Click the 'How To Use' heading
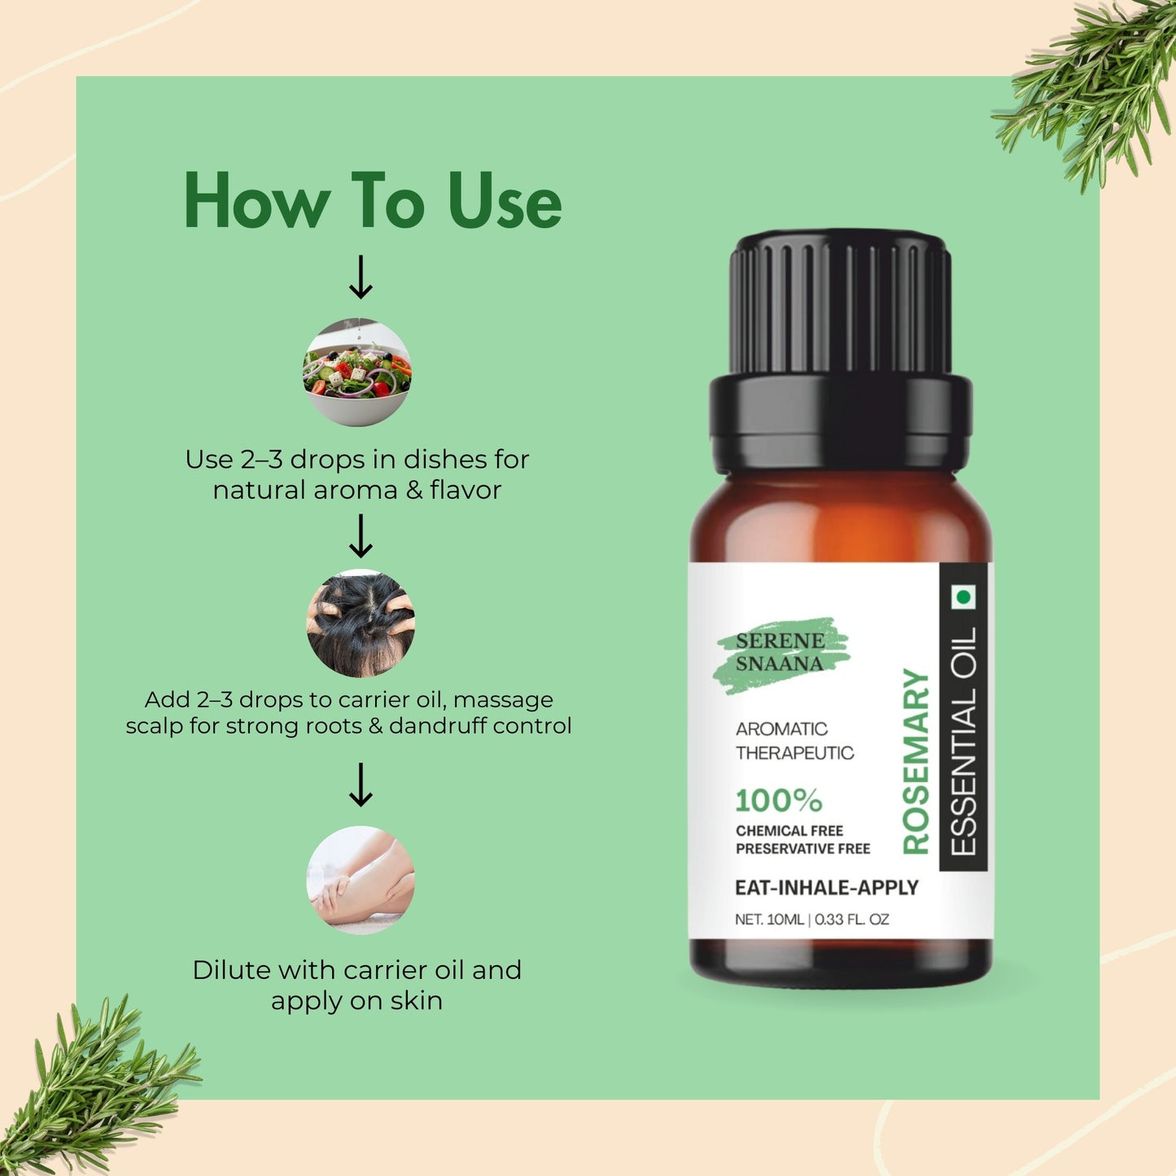[x=373, y=201]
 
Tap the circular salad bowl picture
[x=357, y=373]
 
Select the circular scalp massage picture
[x=361, y=623]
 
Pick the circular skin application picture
[x=361, y=880]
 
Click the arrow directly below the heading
[x=360, y=278]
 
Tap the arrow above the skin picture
[x=360, y=785]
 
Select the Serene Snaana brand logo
[x=780, y=653]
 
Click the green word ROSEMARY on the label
[x=916, y=761]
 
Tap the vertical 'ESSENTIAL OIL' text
[x=963, y=741]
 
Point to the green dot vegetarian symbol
[x=964, y=598]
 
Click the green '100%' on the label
[x=778, y=801]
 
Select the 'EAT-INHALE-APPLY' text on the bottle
[x=826, y=888]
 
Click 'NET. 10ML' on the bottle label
[x=769, y=920]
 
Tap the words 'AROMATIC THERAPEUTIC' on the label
[x=794, y=741]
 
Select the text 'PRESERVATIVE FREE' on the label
[x=802, y=849]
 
